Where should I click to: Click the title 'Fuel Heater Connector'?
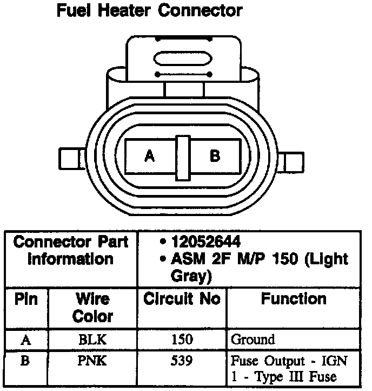(x=149, y=10)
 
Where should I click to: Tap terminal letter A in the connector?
(x=150, y=157)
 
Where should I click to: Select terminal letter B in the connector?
(x=215, y=157)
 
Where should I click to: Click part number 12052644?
(x=205, y=243)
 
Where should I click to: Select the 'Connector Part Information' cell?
(x=71, y=250)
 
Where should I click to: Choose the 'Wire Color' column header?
(x=92, y=307)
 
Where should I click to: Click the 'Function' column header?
(x=294, y=299)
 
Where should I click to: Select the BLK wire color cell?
(x=92, y=340)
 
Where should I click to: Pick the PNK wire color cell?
(x=92, y=360)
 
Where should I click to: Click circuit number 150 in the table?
(x=182, y=340)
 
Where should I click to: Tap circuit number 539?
(x=182, y=360)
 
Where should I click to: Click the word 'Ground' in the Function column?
(x=253, y=340)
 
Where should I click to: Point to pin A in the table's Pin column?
(x=25, y=340)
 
